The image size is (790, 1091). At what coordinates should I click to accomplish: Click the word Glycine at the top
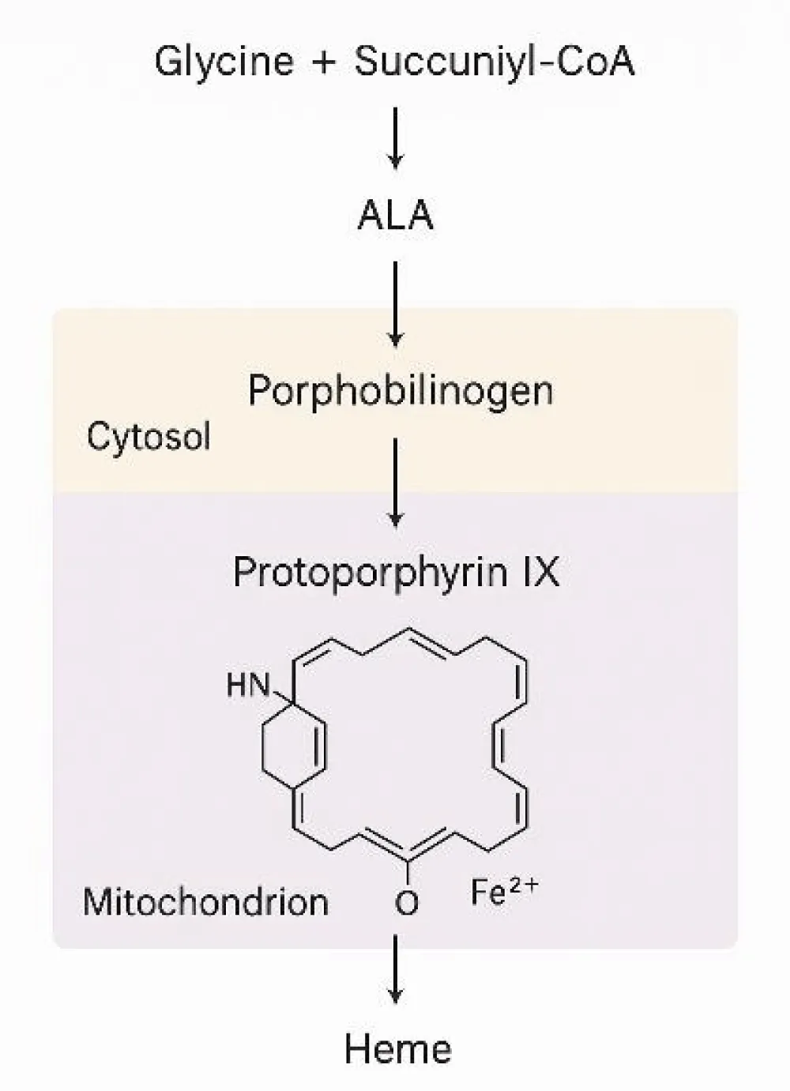coord(224,61)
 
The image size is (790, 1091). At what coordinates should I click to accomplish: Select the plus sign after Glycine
coord(323,62)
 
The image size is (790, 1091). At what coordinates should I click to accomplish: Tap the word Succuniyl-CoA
coord(494,61)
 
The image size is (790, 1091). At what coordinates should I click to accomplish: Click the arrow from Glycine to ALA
coord(396,137)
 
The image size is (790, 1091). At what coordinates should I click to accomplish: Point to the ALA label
coord(395,215)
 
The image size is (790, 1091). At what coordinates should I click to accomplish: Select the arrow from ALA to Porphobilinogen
coord(396,304)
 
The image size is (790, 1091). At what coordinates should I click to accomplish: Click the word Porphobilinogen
coord(401,390)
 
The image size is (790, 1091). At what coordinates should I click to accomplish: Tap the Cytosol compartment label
coord(149,436)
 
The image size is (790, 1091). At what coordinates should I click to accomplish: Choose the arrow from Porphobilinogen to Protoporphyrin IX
coord(396,483)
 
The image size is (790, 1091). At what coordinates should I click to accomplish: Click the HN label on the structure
coord(248,685)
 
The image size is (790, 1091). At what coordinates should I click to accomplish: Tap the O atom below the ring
coord(407,902)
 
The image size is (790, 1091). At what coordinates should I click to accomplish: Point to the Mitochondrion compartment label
coord(205,901)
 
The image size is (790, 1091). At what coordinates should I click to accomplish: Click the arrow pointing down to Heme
coord(396,969)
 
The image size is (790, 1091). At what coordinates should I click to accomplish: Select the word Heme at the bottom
coord(397,1048)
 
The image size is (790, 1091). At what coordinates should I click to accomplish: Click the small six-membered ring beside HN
coord(292,743)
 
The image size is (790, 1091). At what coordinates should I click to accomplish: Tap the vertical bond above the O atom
coord(407,874)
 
